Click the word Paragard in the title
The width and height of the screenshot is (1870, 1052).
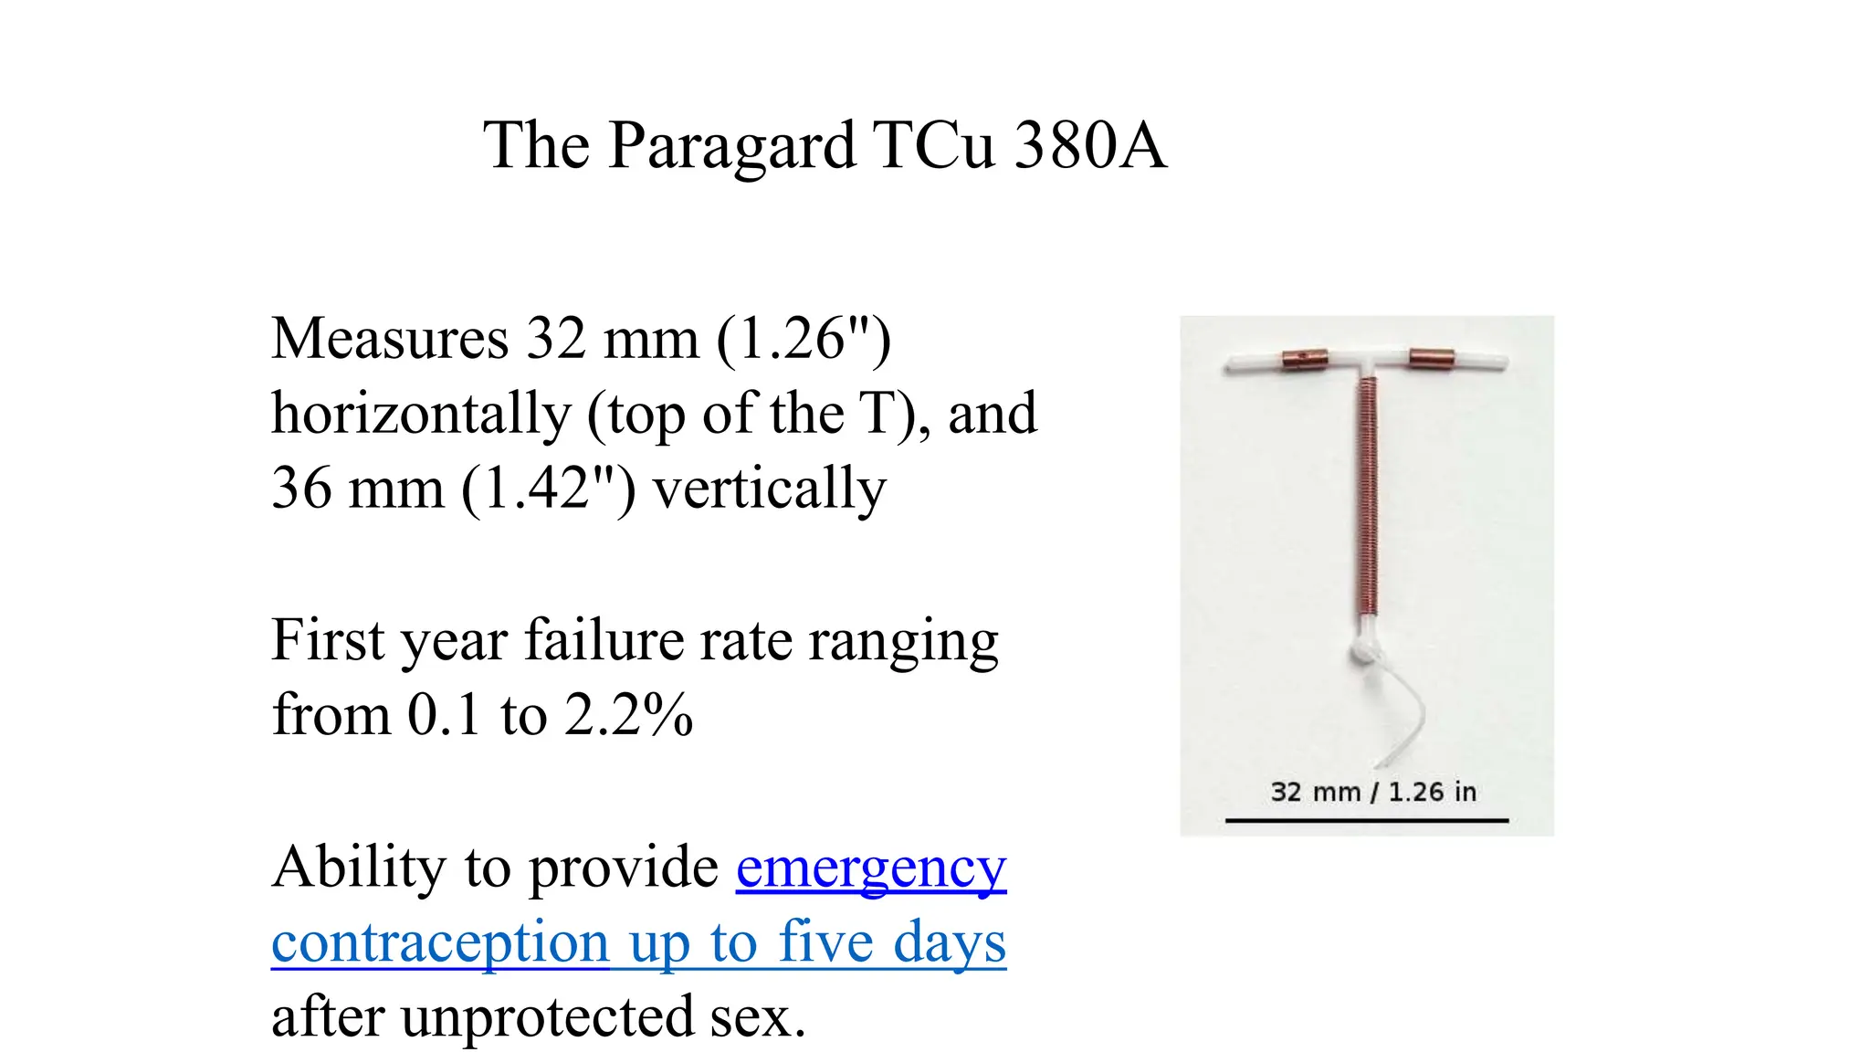(x=731, y=146)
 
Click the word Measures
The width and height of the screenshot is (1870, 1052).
(x=390, y=339)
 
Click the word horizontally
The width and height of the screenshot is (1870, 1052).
(x=420, y=414)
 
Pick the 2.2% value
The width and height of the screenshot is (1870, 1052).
(x=628, y=715)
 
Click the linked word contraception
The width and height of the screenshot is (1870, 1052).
(x=440, y=943)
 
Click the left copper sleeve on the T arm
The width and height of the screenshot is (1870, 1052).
(x=1304, y=359)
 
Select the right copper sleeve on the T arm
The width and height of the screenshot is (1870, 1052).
(x=1431, y=358)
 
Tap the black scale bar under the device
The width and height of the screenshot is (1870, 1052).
(x=1366, y=821)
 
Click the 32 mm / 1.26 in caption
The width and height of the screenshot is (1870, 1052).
(x=1373, y=792)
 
